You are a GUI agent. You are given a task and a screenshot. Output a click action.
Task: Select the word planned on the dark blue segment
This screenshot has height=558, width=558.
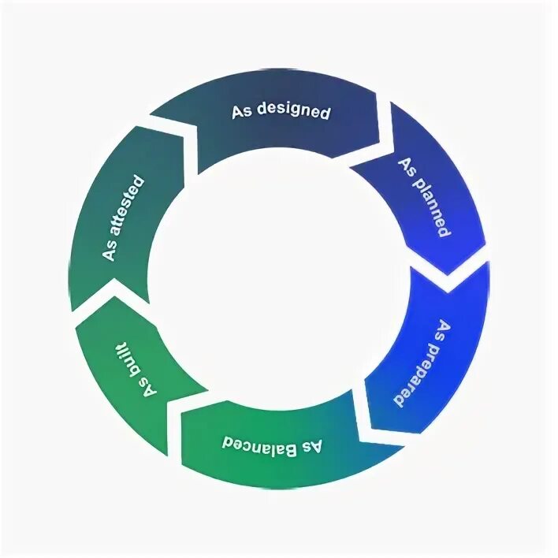click(x=429, y=204)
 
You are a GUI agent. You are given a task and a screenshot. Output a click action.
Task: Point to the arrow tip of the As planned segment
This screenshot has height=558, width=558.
click(x=449, y=272)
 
